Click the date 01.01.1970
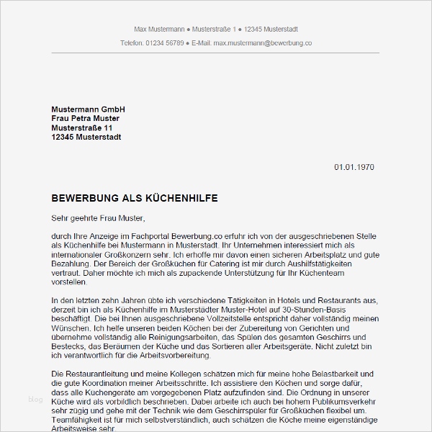354,167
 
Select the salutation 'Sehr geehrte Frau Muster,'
99,217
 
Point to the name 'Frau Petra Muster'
86,118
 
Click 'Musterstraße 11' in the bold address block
82,127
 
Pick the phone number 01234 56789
166,43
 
